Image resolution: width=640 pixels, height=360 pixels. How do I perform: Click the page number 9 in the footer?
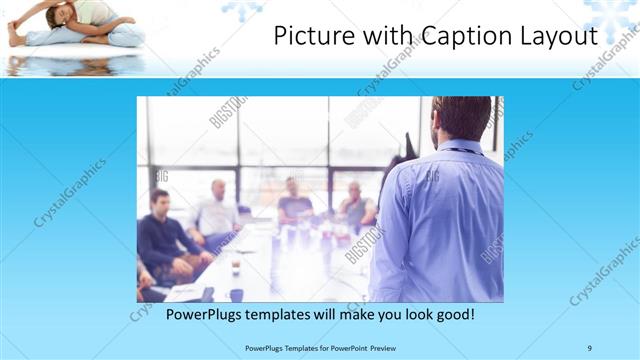click(590, 348)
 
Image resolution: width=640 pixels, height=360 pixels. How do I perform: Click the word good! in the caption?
click(451, 315)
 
